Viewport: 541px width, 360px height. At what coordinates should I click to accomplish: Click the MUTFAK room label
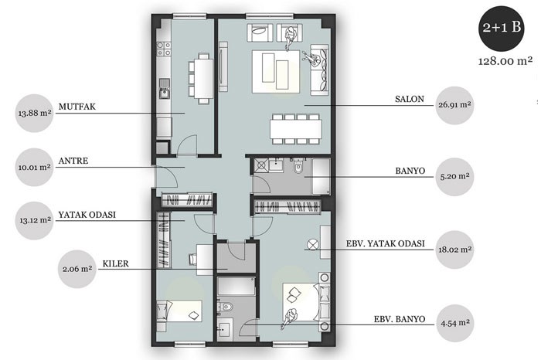[77, 107]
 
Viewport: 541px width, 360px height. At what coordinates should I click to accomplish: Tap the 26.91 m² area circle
[454, 105]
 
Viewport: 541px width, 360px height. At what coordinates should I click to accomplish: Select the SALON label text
[410, 99]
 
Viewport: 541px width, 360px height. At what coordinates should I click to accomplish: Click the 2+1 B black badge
[502, 29]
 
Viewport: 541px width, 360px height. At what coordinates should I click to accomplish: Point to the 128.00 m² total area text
[505, 61]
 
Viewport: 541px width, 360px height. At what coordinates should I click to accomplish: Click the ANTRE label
[73, 161]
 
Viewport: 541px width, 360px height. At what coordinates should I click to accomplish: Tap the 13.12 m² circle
[35, 220]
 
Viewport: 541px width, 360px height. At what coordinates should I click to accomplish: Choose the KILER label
[116, 263]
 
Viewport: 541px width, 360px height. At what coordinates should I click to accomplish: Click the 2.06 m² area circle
[77, 269]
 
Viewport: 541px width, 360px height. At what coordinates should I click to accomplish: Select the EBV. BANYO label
[400, 319]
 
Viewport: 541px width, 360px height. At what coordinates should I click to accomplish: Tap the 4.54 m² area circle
[455, 324]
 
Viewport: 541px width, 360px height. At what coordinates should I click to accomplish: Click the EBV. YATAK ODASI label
[386, 244]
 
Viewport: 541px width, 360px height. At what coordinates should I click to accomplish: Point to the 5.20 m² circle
[454, 177]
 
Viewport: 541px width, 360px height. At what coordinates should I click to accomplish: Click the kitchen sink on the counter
[164, 89]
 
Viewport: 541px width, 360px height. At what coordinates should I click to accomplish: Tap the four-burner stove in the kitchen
[164, 49]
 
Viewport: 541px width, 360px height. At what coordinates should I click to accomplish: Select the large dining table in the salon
[296, 129]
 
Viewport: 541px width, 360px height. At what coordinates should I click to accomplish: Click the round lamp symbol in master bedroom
[312, 245]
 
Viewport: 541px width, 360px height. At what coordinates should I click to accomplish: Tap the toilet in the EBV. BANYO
[225, 307]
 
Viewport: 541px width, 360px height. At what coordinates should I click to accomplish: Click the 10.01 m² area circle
[35, 167]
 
